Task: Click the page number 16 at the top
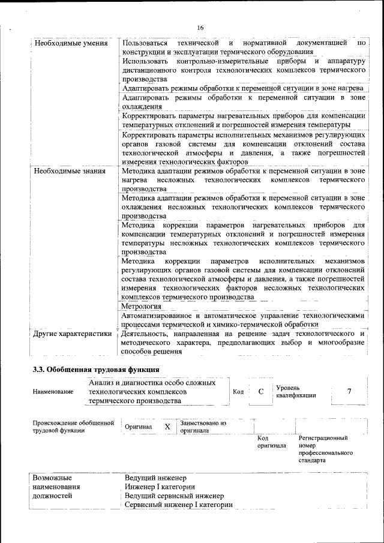(x=200, y=28)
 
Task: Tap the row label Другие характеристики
(x=73, y=334)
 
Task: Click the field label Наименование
(x=53, y=392)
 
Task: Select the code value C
(x=261, y=392)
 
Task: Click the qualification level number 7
(x=349, y=392)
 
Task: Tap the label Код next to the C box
(x=238, y=392)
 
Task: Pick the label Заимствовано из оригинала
(x=203, y=427)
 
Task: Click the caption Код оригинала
(x=271, y=442)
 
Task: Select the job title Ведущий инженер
(x=152, y=478)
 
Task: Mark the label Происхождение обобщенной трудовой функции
(x=73, y=427)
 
